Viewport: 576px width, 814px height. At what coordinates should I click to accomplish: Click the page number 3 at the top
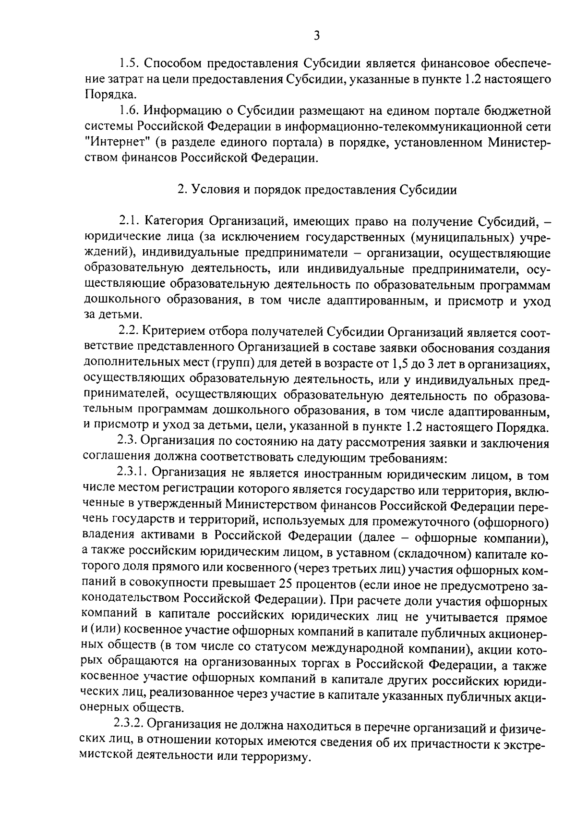pyautogui.click(x=316, y=35)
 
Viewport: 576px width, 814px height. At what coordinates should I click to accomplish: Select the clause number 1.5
pyautogui.click(x=129, y=63)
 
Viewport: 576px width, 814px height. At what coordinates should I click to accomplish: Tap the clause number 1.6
pyautogui.click(x=129, y=111)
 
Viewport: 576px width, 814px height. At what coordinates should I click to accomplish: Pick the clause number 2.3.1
pyautogui.click(x=132, y=473)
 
